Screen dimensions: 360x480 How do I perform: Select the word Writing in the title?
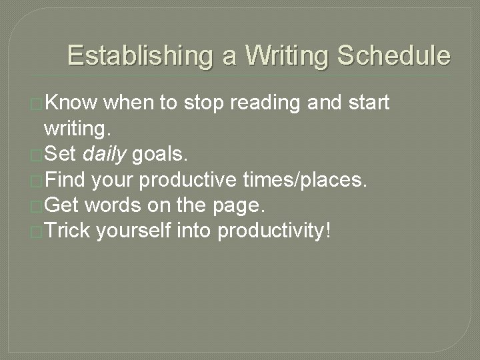(x=288, y=56)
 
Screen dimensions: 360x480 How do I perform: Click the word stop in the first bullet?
(x=202, y=104)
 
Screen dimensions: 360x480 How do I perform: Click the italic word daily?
(x=105, y=155)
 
